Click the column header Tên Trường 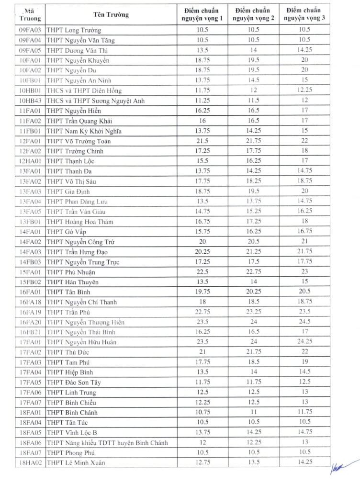114,14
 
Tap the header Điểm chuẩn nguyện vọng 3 303,14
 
